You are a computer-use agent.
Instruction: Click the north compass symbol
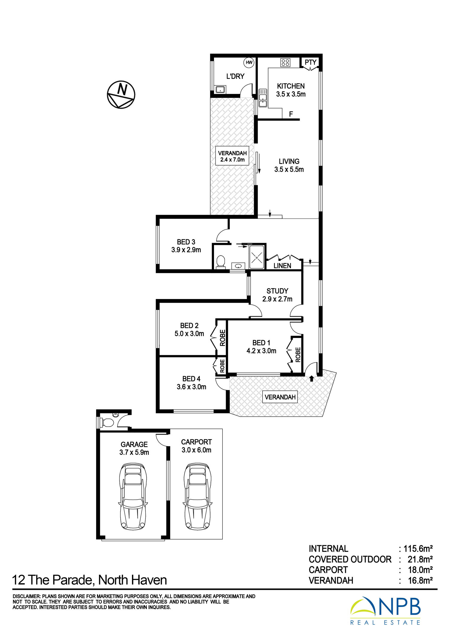[121, 95]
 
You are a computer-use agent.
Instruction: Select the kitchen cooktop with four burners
[285, 63]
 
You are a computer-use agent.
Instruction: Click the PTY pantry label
[310, 62]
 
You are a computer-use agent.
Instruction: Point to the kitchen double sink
[263, 98]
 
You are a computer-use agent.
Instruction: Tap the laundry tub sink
[221, 89]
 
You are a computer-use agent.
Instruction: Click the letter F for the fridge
[291, 114]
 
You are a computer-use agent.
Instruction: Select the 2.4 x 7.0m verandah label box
[232, 156]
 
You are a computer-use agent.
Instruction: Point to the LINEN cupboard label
[282, 266]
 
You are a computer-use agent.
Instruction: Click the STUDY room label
[277, 291]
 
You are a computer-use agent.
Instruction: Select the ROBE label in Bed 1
[298, 355]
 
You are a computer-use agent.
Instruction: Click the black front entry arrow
[312, 378]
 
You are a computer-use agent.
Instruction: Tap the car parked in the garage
[133, 496]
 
